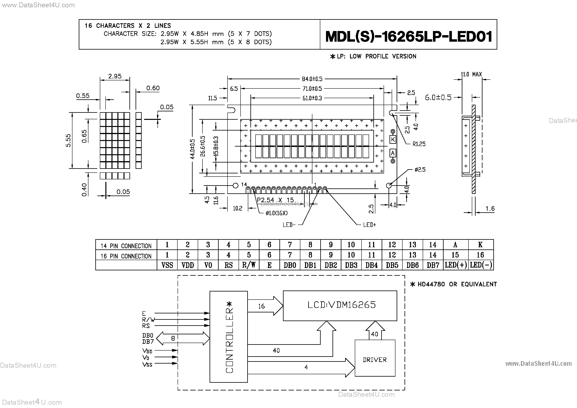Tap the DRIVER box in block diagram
(375, 360)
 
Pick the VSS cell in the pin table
(167, 265)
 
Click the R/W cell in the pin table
(249, 265)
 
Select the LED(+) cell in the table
(456, 265)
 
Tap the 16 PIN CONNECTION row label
(126, 256)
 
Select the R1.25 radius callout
(419, 144)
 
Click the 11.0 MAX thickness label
(471, 74)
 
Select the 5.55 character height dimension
(68, 140)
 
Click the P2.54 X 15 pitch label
(275, 200)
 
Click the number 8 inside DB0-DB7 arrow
(173, 338)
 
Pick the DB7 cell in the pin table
(433, 265)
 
